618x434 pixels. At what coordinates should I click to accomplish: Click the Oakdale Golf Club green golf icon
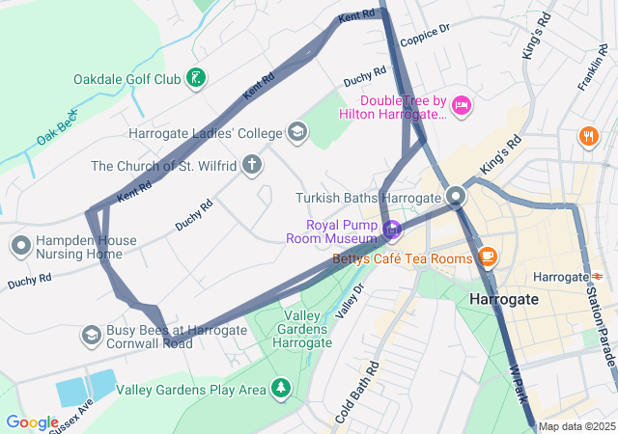(x=197, y=78)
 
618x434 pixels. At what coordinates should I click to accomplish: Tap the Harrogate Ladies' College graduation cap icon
(x=296, y=133)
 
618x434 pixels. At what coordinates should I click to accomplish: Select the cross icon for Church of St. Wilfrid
(x=252, y=165)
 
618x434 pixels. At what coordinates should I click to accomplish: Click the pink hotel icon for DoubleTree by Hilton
(x=462, y=105)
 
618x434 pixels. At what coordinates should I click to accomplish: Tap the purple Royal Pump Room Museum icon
(x=391, y=230)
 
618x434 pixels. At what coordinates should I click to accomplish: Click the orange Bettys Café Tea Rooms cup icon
(x=488, y=257)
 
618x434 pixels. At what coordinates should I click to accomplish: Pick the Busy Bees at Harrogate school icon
(x=91, y=335)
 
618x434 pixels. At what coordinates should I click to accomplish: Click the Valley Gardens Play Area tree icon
(x=281, y=389)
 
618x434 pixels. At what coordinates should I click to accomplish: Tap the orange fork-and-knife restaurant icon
(x=587, y=137)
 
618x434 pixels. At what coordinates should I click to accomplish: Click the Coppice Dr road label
(x=425, y=36)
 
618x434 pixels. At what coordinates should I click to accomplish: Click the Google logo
(x=31, y=421)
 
